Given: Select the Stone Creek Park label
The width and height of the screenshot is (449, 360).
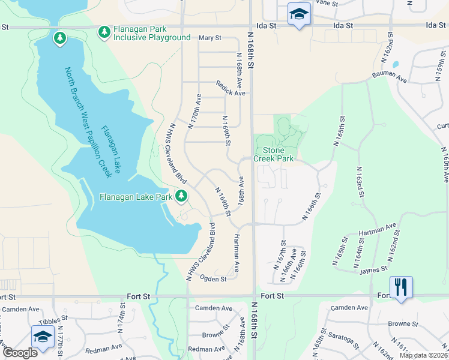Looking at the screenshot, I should coord(273,154).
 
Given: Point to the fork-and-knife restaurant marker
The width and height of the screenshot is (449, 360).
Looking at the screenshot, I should coord(400,287).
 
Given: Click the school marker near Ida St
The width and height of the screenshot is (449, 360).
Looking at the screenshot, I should coord(298,14).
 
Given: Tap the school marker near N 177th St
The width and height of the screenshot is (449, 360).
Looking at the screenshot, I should coord(43,337).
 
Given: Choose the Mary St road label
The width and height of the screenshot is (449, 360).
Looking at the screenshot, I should coord(210,37).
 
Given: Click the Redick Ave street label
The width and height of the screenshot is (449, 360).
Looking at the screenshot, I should coord(231,93).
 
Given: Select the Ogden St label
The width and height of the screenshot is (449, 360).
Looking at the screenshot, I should coord(213,278).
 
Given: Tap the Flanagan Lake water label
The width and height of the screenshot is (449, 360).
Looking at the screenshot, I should coord(111,149).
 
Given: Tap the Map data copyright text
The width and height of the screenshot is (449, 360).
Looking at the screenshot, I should coord(423,355).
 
